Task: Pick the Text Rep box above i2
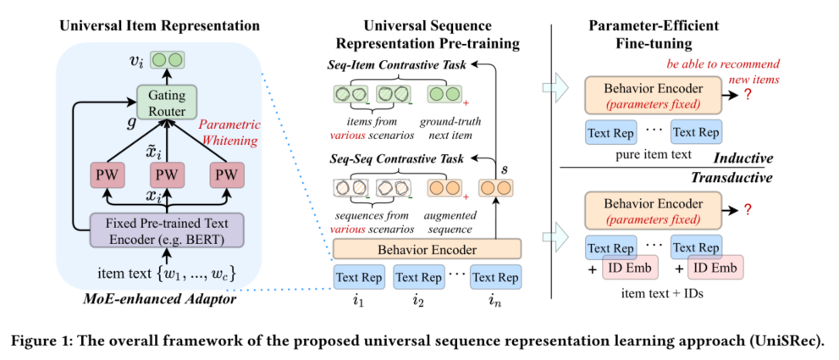coord(419,277)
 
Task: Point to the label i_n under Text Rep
coord(496,300)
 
